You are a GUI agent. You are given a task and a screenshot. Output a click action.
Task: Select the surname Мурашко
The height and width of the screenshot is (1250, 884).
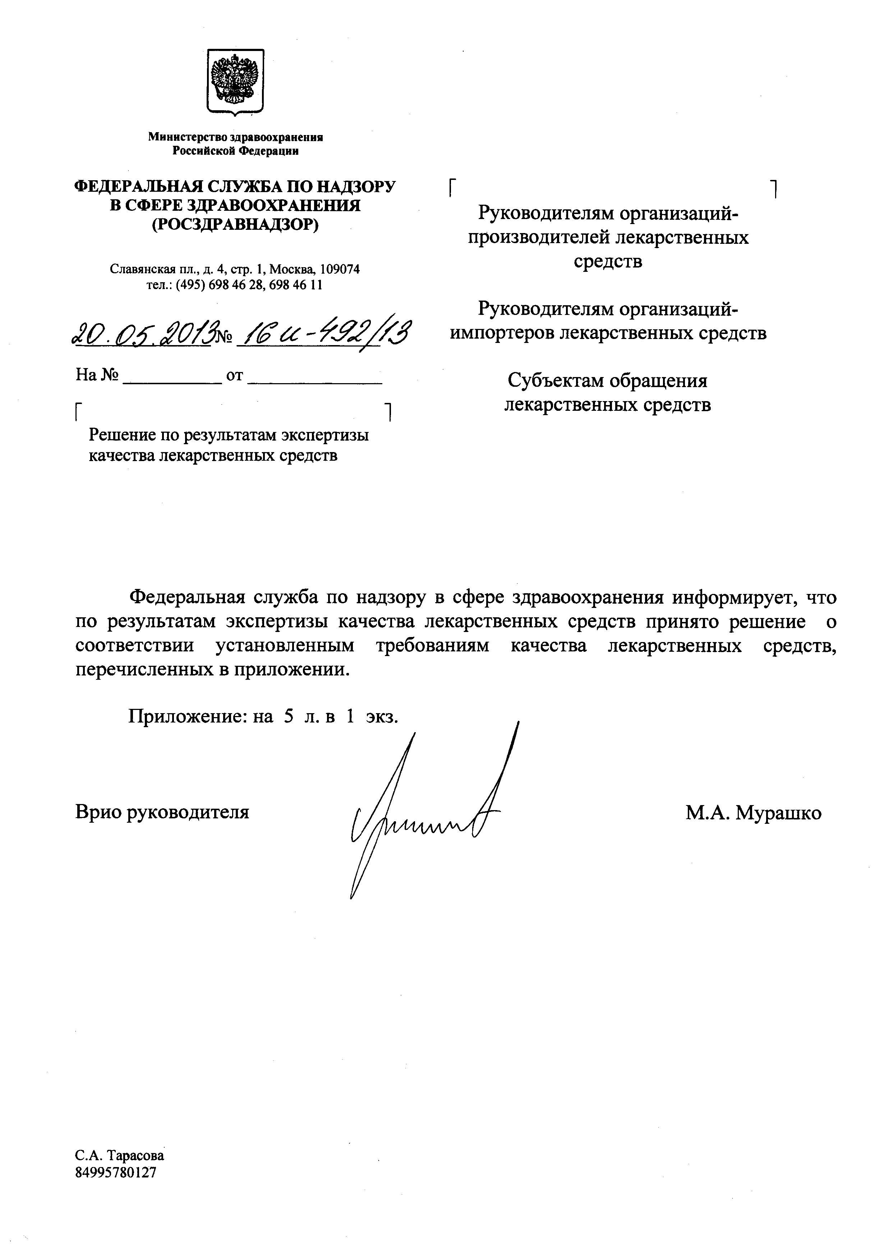coord(778,813)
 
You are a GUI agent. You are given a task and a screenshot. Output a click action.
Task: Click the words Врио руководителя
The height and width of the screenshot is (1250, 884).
coord(162,812)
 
